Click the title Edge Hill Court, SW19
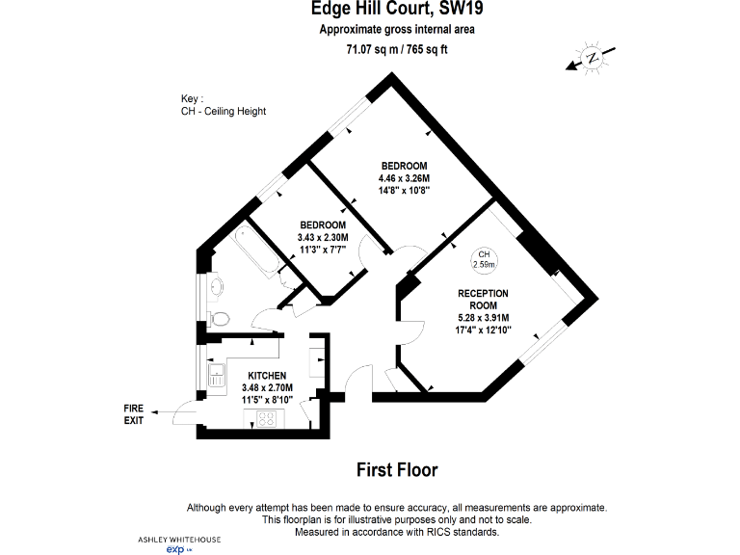click(x=397, y=11)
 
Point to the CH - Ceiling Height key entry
click(x=224, y=111)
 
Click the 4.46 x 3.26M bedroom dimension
click(x=404, y=178)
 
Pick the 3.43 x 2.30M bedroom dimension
click(x=323, y=237)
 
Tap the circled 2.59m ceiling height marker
click(x=484, y=259)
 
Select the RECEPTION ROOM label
click(x=484, y=299)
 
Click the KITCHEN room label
click(x=267, y=375)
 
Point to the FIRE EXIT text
click(x=134, y=414)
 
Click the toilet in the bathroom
click(x=220, y=318)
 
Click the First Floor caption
click(x=397, y=470)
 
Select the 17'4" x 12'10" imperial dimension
click(x=484, y=330)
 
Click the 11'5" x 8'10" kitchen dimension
click(x=267, y=399)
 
